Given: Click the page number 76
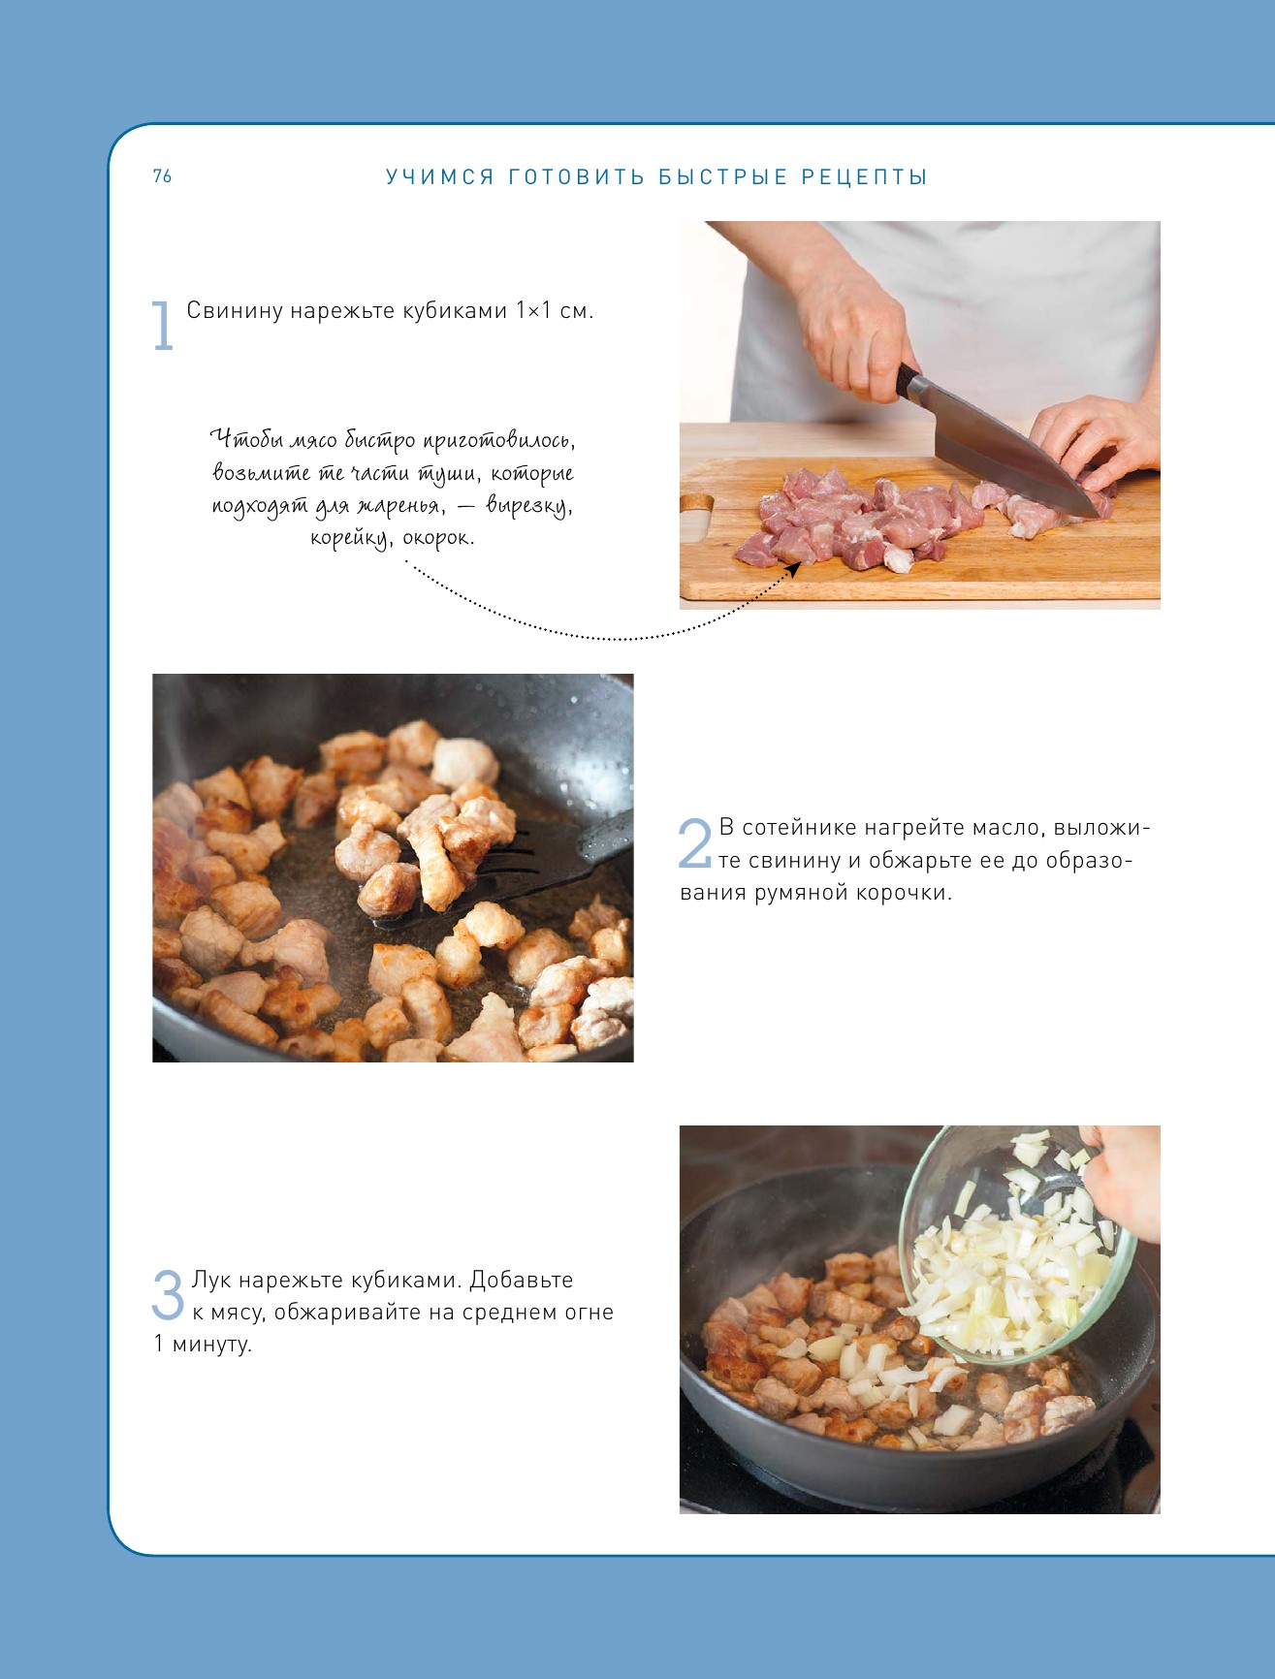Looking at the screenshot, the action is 162,175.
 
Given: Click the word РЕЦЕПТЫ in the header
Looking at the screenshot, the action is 865,177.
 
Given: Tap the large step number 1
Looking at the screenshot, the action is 163,325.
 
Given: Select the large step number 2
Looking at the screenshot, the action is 694,842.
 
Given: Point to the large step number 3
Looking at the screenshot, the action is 168,1294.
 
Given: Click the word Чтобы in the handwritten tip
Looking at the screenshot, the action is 242,440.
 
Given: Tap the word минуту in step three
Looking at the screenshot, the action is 211,1345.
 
